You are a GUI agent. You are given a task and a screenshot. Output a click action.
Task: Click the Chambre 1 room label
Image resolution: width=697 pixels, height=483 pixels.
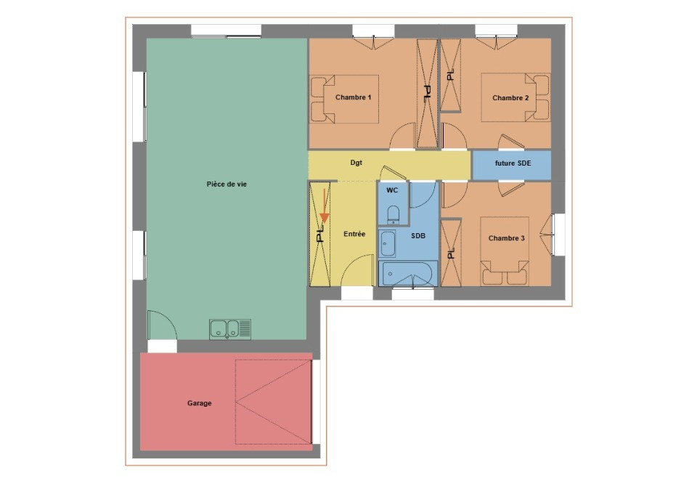(354, 97)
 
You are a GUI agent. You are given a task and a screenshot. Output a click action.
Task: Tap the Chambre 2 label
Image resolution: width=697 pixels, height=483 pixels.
(510, 97)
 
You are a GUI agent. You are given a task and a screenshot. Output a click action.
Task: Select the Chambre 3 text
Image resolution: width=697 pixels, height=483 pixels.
(506, 238)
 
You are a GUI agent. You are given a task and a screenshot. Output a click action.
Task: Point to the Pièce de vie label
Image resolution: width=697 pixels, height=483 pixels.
(227, 184)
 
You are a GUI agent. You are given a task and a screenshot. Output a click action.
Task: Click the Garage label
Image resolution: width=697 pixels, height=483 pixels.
(200, 403)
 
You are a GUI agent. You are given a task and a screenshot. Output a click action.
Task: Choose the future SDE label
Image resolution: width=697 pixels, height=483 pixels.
(513, 163)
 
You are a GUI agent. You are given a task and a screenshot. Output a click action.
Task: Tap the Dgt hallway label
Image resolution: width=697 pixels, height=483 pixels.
(356, 163)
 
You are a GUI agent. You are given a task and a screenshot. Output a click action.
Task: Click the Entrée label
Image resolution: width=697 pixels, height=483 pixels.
(354, 234)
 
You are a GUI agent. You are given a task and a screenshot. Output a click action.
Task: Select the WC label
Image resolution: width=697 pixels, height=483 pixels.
(392, 190)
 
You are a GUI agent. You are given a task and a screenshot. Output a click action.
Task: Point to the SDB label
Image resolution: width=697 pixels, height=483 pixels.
(418, 236)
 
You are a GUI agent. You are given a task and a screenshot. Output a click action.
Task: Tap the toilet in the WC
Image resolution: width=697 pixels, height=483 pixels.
(393, 214)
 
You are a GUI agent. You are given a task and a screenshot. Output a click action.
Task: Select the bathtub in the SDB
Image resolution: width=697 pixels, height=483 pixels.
(407, 275)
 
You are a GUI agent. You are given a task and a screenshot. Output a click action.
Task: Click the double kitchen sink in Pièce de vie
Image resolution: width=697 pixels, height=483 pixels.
(230, 329)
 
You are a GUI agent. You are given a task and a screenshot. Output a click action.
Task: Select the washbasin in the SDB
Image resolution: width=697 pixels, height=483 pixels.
(388, 243)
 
